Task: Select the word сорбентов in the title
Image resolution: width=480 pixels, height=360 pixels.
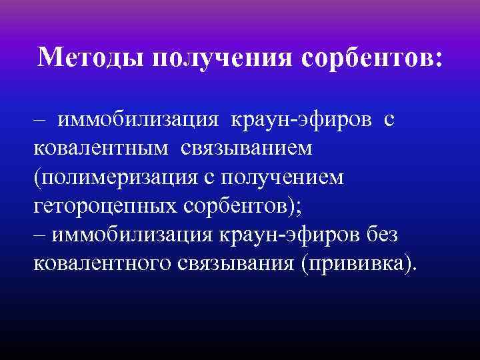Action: point(366,59)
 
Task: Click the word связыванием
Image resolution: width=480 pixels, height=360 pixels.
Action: point(245,150)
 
